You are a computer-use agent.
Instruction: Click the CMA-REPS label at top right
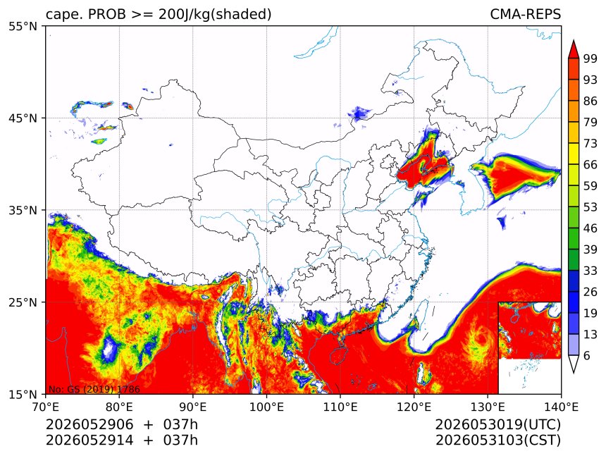(x=525, y=14)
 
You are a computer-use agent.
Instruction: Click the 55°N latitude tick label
(x=23, y=27)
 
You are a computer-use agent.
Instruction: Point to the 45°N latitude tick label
(x=23, y=118)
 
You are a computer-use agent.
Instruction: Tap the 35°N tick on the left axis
(x=23, y=211)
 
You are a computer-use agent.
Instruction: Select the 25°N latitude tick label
(x=23, y=302)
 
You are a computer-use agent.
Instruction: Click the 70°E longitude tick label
(x=46, y=407)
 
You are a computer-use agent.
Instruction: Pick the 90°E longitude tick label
(x=193, y=407)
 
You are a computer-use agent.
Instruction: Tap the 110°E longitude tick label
(x=340, y=407)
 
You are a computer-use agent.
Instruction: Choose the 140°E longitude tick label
(x=561, y=407)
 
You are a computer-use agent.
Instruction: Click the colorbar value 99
(x=590, y=59)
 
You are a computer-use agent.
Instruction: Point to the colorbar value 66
(x=590, y=165)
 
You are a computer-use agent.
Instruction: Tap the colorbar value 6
(x=587, y=356)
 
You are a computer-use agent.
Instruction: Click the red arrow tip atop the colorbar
(x=573, y=40)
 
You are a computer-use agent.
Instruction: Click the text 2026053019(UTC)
(x=497, y=425)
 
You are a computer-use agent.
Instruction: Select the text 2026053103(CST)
(x=497, y=440)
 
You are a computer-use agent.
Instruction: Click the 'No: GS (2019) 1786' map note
(x=94, y=389)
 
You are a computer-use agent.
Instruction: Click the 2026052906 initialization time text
(x=89, y=425)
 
